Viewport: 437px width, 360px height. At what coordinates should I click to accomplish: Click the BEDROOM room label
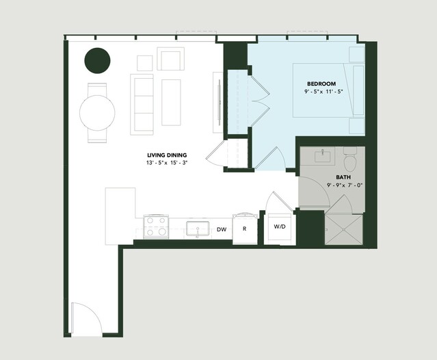tap(321, 83)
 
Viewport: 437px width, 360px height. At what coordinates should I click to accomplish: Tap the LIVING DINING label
tap(167, 155)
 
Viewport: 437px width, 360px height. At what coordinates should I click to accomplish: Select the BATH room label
tap(343, 177)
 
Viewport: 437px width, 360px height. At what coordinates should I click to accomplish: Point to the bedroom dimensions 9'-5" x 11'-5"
tap(323, 92)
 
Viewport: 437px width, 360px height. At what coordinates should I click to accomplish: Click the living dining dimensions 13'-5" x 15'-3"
tap(167, 163)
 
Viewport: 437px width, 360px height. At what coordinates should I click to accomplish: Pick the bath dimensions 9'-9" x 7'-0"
tap(345, 185)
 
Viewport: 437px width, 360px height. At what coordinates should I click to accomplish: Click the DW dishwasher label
tap(222, 229)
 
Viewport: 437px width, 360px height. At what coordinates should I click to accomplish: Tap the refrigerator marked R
tap(245, 229)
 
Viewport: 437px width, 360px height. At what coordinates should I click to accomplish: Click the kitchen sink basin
tap(198, 229)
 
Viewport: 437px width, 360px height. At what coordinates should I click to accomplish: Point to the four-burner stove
tap(156, 227)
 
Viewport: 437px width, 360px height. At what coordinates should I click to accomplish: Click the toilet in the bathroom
tap(350, 159)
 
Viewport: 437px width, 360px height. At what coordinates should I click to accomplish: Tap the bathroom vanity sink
tap(323, 157)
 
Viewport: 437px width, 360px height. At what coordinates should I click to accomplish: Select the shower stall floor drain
tap(344, 229)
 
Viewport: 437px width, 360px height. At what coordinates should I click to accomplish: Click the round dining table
tap(97, 113)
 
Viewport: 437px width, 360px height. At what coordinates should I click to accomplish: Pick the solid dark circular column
tap(97, 60)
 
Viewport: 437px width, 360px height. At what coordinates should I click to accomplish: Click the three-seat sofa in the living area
tap(142, 105)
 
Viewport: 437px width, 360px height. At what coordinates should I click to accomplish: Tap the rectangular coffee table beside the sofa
tap(171, 103)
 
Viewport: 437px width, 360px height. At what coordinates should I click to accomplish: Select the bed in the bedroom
tap(329, 90)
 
